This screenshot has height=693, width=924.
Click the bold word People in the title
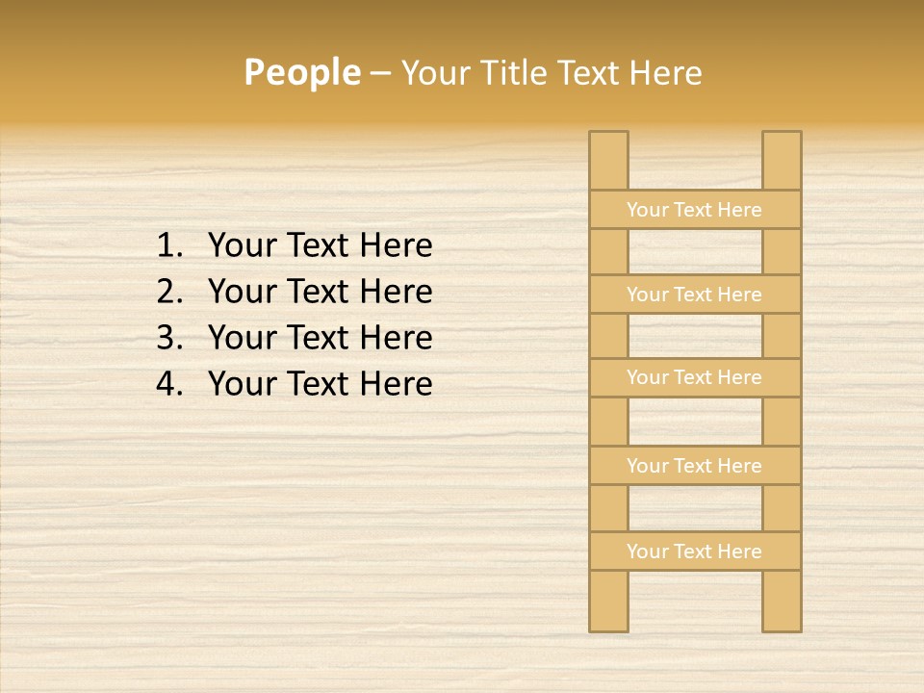(301, 72)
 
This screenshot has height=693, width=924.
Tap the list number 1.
(168, 246)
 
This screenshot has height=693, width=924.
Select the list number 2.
(168, 292)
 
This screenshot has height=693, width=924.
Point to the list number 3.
(168, 338)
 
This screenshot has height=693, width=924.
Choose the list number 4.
(168, 384)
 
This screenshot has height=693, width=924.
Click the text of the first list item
(320, 246)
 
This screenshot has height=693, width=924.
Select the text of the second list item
(320, 292)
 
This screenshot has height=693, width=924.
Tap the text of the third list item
(320, 338)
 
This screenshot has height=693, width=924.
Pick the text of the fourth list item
(320, 384)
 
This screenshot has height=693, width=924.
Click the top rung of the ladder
(694, 210)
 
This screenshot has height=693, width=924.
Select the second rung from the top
(694, 295)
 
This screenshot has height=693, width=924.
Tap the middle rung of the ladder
(694, 378)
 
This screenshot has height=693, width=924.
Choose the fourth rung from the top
(694, 466)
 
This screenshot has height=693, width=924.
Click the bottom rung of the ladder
(694, 552)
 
